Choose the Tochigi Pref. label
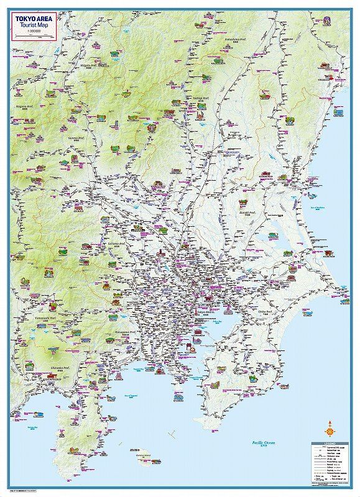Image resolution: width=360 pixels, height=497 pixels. tap(200, 98)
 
